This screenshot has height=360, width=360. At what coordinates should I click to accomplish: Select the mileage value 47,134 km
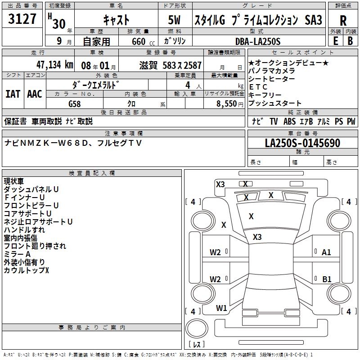(54, 65)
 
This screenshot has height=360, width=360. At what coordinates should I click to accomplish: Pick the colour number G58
(74, 103)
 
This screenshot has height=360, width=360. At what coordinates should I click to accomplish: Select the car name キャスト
(116, 20)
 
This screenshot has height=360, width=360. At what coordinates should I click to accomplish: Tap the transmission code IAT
(13, 94)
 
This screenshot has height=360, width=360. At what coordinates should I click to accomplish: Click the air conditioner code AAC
(34, 94)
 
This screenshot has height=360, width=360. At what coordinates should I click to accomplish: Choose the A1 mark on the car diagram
(326, 252)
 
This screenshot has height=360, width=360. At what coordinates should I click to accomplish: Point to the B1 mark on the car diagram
(327, 279)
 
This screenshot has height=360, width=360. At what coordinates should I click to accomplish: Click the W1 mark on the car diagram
(221, 308)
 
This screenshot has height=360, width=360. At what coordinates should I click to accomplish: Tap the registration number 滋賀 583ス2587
(171, 65)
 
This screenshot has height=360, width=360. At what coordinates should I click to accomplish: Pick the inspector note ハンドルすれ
(24, 230)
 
